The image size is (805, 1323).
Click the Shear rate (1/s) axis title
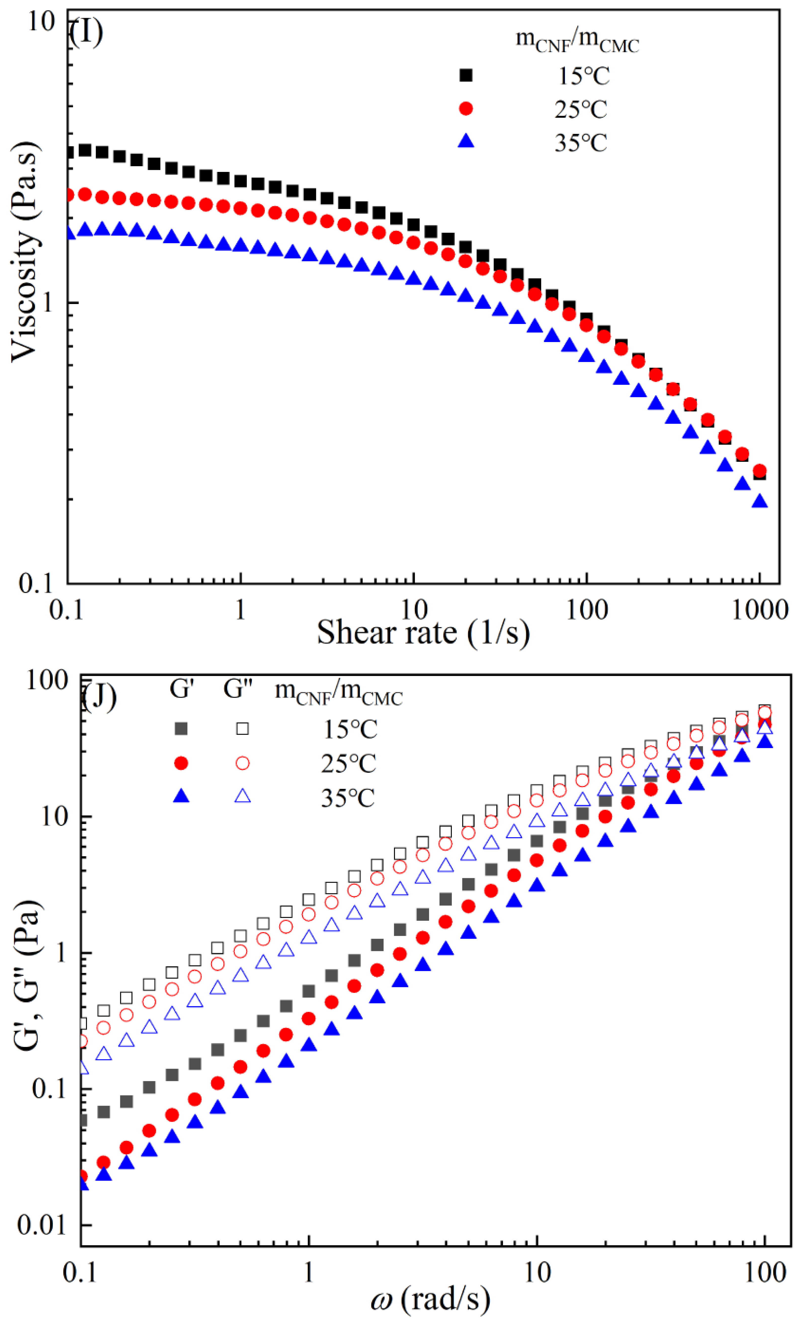(423, 632)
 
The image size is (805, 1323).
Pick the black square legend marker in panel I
(466, 75)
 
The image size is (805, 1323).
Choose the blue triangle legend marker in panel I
(466, 142)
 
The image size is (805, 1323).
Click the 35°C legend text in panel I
(581, 143)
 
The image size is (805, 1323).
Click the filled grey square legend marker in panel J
(182, 729)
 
